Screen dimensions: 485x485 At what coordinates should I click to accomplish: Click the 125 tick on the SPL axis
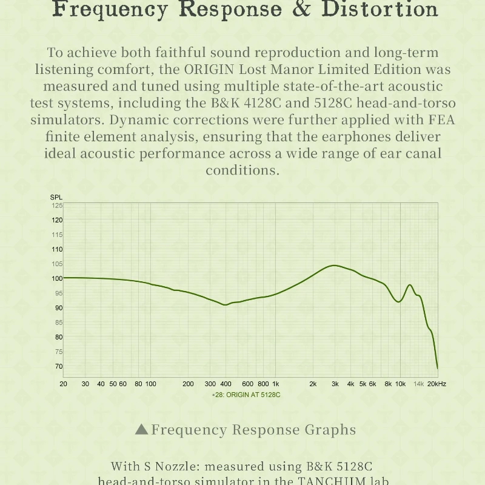pos(57,205)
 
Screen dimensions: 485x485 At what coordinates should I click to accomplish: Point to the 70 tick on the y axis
pos(59,366)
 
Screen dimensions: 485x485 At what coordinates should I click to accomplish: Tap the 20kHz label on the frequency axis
pos(436,384)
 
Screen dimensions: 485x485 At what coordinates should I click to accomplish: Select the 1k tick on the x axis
pos(275,384)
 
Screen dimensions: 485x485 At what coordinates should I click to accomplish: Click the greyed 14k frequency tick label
pos(419,384)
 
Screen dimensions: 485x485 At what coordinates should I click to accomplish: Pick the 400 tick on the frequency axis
pos(226,384)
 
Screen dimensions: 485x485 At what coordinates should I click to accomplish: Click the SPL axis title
pos(56,198)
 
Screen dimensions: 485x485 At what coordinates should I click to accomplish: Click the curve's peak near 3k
pos(334,266)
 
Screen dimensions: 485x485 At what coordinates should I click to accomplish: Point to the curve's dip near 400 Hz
pos(226,305)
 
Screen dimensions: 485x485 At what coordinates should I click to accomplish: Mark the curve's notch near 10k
pos(399,301)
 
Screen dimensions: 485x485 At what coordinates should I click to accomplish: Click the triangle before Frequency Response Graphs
pos(141,430)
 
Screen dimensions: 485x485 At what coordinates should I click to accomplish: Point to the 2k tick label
pos(313,384)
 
